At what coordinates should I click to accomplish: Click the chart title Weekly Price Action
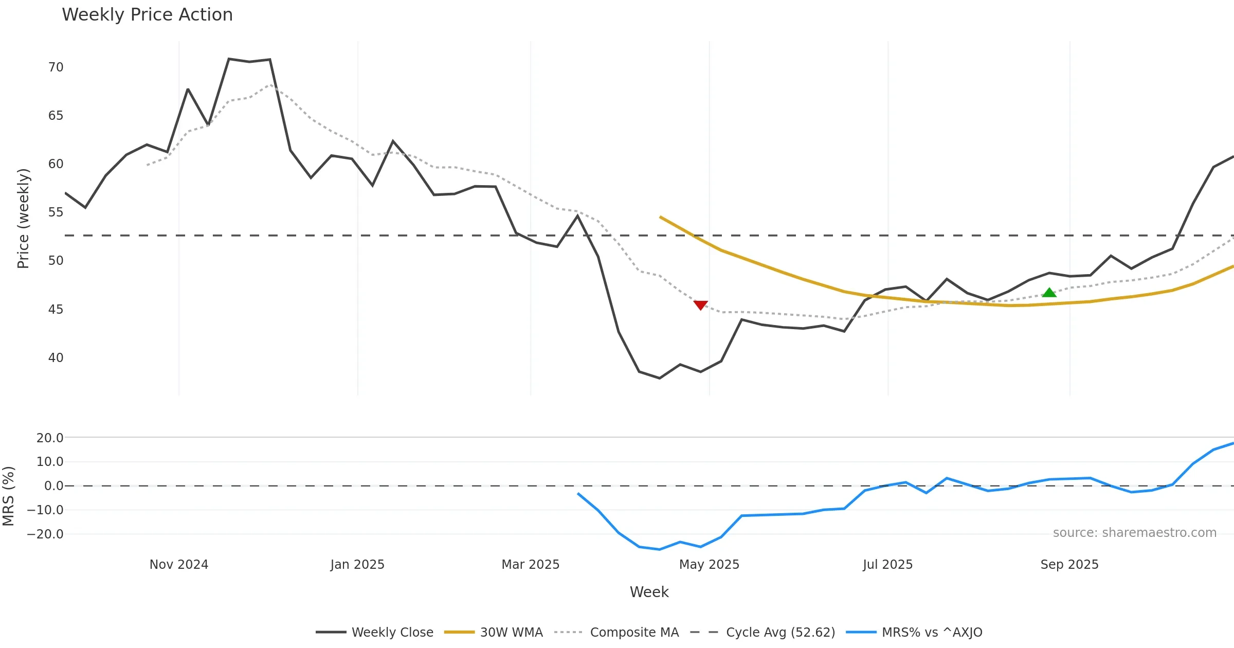click(147, 15)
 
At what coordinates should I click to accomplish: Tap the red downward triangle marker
click(700, 305)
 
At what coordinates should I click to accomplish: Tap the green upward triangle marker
click(1049, 293)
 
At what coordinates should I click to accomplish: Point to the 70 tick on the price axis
click(56, 67)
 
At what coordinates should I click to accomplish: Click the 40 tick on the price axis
click(56, 358)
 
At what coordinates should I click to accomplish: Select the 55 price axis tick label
click(56, 212)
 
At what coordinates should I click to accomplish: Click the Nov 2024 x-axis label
click(179, 565)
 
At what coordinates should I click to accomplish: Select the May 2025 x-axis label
click(709, 565)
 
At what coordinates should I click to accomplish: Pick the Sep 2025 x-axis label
click(1069, 565)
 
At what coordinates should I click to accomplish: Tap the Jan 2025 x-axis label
click(357, 565)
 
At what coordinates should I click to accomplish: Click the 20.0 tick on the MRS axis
click(50, 438)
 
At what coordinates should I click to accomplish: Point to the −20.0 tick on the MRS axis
click(45, 534)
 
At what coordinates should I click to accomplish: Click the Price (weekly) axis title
click(23, 219)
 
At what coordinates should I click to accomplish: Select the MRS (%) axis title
click(9, 496)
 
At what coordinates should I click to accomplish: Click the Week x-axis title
click(649, 592)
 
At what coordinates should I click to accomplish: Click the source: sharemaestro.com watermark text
click(1134, 533)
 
